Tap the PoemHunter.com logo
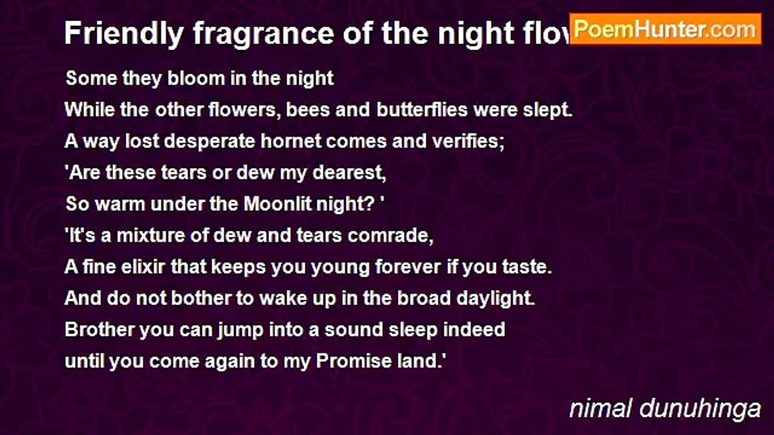click(665, 29)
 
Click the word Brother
click(99, 330)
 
